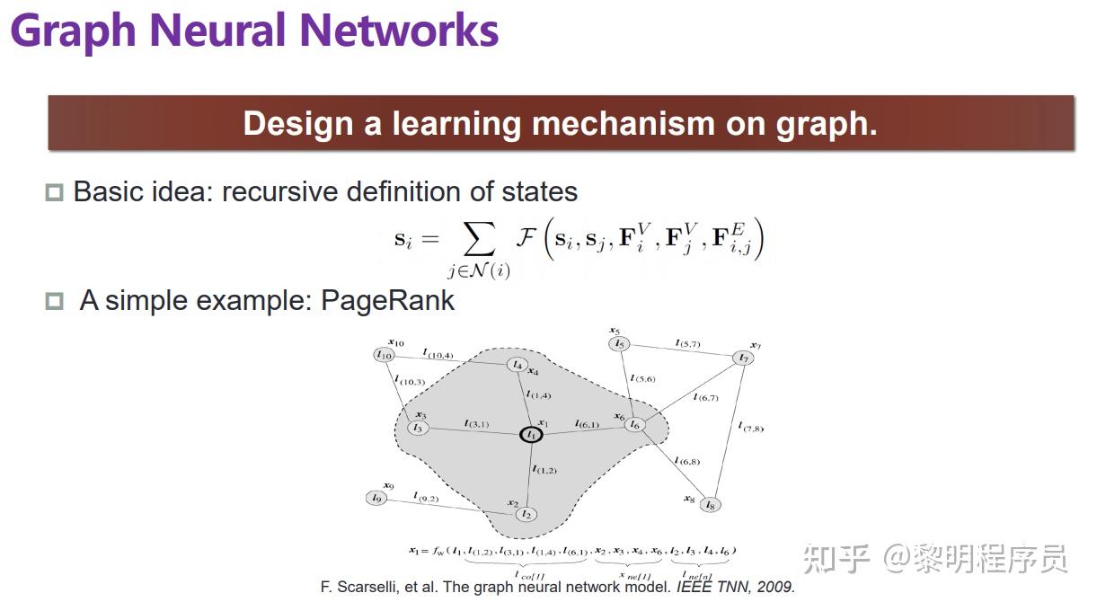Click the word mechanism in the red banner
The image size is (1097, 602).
point(620,123)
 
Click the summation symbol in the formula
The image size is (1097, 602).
point(478,240)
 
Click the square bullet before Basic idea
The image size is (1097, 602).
point(55,192)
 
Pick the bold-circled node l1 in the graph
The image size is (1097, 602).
point(531,435)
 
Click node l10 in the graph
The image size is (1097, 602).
point(385,355)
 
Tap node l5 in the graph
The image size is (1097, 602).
point(618,344)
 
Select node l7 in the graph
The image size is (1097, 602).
point(743,359)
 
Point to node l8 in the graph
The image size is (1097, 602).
point(711,504)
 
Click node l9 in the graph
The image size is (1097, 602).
point(376,498)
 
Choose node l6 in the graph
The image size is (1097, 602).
point(635,424)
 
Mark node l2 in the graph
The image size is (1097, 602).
point(527,514)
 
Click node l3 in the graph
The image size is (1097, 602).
point(417,428)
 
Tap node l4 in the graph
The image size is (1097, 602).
point(516,364)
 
